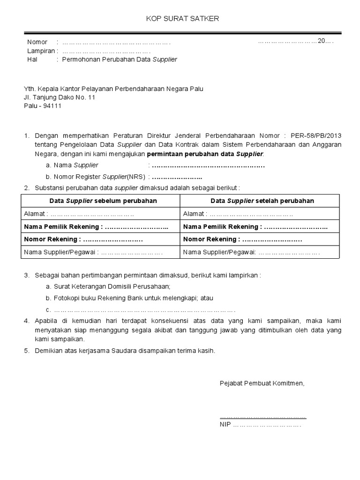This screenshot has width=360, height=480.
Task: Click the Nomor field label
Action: pos(37,42)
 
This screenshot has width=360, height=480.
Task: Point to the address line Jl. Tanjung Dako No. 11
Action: pos(60,97)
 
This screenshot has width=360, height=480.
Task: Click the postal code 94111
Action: pos(52,106)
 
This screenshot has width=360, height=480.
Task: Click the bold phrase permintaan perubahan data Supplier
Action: pos(205,154)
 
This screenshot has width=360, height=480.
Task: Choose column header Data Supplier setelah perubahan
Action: pos(262,201)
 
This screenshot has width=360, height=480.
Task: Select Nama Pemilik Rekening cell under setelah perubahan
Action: pos(255,226)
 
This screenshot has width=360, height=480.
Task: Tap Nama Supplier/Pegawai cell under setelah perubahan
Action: pos(251,252)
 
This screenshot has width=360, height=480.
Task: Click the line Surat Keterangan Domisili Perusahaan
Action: pos(112,286)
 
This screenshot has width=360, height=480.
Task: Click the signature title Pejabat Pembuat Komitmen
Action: pos(262,383)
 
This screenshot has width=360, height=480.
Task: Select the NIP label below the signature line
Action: pos(225,425)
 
